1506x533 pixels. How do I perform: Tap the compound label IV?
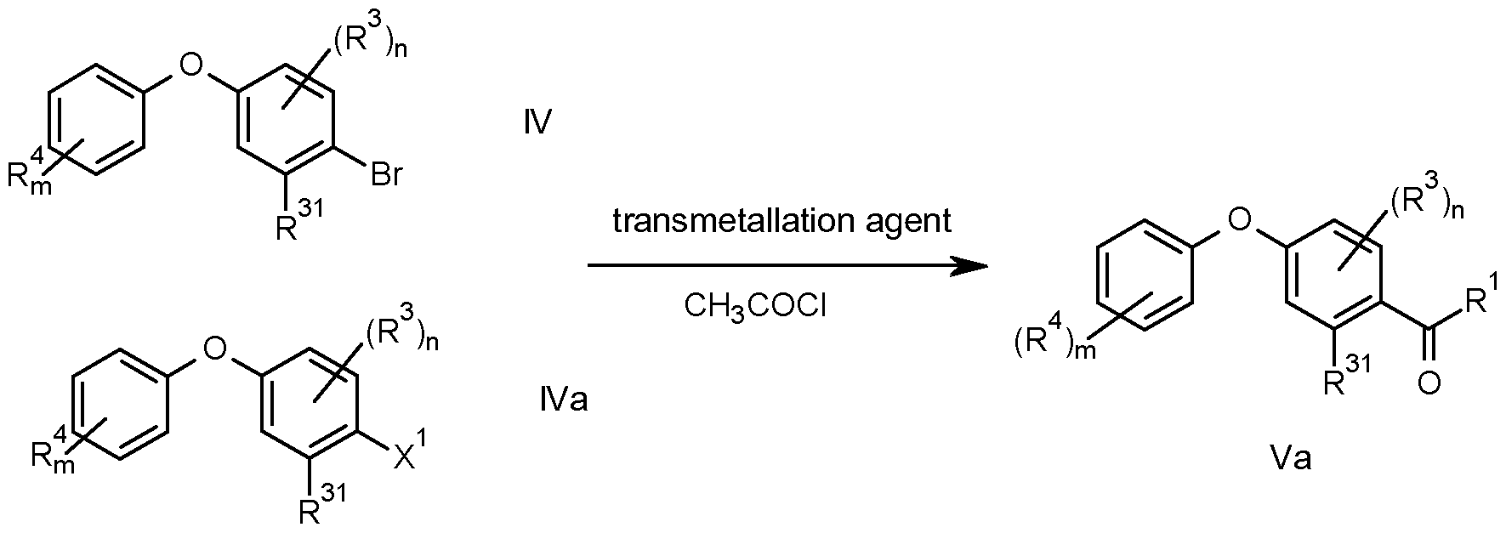(x=539, y=125)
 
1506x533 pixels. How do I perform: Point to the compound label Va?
(x=1290, y=459)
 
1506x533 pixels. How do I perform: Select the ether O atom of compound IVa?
(x=217, y=346)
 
